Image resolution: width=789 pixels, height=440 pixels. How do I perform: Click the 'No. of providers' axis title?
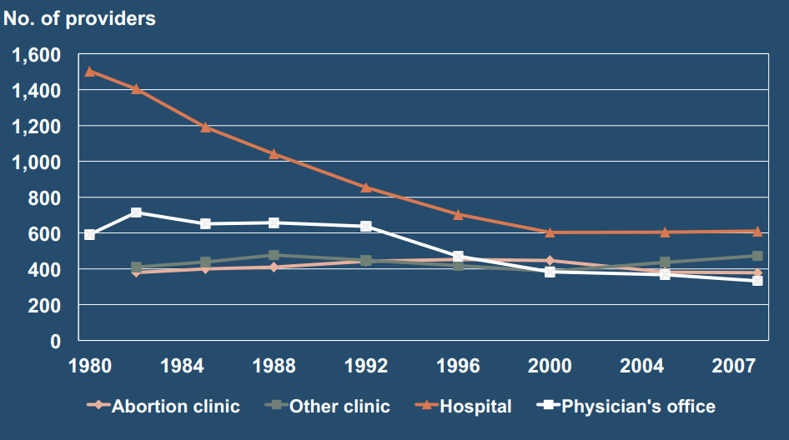pyautogui.click(x=80, y=18)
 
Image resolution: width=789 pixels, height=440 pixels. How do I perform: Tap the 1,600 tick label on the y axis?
pyautogui.click(x=37, y=55)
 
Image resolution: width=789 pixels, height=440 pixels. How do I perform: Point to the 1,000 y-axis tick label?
pyautogui.click(x=37, y=162)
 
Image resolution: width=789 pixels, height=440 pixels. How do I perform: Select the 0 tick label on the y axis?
pyautogui.click(x=55, y=342)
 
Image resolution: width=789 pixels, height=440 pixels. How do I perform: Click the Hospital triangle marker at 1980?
pyautogui.click(x=89, y=71)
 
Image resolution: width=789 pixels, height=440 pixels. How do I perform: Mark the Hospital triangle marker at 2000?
pyautogui.click(x=550, y=232)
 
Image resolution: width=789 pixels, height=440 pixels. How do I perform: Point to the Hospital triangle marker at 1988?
pyautogui.click(x=274, y=153)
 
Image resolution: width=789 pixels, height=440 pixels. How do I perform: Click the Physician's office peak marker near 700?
pyautogui.click(x=136, y=212)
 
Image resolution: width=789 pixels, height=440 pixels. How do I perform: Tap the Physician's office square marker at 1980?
pyautogui.click(x=89, y=235)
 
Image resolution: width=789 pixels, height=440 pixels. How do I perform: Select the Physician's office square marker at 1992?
pyautogui.click(x=366, y=226)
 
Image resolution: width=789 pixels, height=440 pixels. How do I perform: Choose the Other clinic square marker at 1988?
pyautogui.click(x=274, y=255)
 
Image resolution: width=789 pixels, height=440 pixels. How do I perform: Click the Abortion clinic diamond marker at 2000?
pyautogui.click(x=550, y=261)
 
